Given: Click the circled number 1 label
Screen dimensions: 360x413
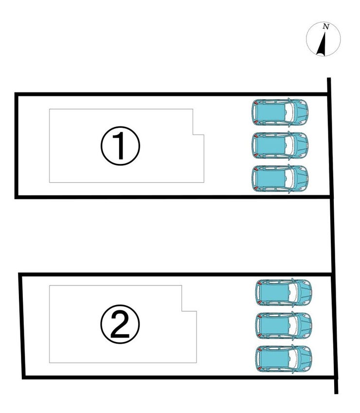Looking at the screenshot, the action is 120,145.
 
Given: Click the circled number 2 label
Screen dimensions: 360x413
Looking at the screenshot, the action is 120,324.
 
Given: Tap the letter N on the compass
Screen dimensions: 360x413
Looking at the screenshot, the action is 326,26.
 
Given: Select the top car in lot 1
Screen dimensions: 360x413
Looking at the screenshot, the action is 280,112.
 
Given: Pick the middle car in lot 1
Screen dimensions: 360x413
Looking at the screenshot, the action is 280,145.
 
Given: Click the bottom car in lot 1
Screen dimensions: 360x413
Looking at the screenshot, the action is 280,179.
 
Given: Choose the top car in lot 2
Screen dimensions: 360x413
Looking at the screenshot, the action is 284,292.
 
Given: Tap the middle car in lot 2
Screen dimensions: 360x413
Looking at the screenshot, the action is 284,325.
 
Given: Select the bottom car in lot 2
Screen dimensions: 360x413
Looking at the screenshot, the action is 284,359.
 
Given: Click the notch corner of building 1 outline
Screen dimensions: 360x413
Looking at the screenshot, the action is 193,135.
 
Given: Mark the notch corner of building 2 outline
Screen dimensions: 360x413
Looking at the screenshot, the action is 182,311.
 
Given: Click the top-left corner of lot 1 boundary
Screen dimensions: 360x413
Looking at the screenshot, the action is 16,94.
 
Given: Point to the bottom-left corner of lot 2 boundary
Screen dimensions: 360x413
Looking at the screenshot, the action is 24,377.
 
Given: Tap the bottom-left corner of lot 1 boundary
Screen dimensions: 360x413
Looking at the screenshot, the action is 16,197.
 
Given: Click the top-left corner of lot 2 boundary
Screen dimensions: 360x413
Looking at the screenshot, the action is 20,274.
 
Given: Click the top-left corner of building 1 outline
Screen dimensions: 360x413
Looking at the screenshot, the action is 50,109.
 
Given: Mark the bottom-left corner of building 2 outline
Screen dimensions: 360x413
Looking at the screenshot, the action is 50,363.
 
